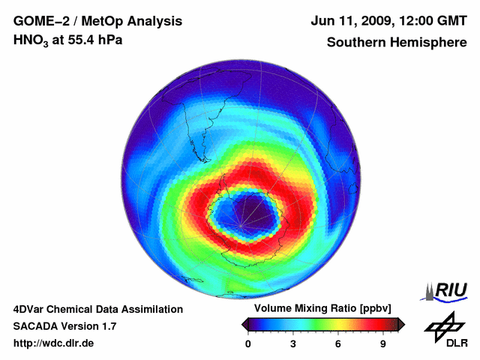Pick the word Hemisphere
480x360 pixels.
pyautogui.click(x=428, y=43)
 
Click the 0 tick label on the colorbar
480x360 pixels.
pyautogui.click(x=247, y=344)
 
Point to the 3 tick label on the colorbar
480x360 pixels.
pyautogui.click(x=293, y=344)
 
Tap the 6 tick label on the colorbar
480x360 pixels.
pyautogui.click(x=338, y=344)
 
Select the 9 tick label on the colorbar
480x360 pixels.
pyautogui.click(x=382, y=344)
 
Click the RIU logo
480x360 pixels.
pyautogui.click(x=448, y=290)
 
